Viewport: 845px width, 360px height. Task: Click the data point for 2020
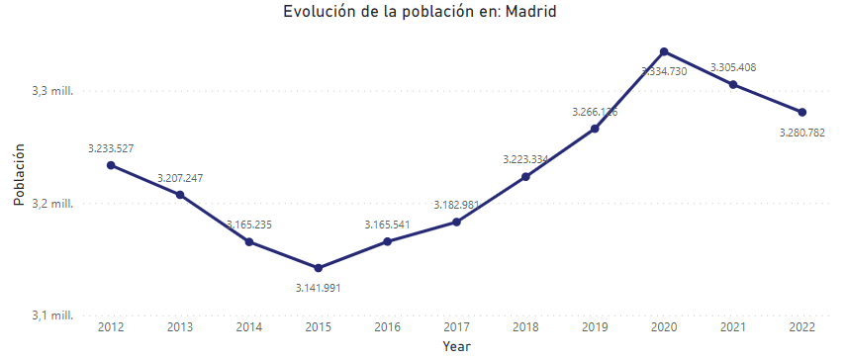point(664,51)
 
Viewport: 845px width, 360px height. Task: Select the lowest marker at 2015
point(318,268)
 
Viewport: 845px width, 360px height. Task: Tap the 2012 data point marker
point(111,165)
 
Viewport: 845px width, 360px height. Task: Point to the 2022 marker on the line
point(802,112)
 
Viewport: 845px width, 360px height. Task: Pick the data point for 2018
point(525,177)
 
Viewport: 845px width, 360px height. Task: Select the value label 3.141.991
point(318,288)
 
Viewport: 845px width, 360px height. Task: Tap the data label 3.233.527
point(111,148)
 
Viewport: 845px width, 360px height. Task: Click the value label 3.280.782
point(802,132)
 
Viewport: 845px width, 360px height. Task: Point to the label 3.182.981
point(456,205)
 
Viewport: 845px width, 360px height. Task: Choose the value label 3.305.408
point(733,67)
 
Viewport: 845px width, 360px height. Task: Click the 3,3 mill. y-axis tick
point(53,90)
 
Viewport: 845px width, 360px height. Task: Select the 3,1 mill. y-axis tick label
point(53,315)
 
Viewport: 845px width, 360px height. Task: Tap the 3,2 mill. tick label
point(53,204)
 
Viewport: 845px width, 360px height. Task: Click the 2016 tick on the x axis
point(387,327)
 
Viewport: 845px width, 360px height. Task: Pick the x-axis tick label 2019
point(595,327)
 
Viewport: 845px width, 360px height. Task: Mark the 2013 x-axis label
point(180,327)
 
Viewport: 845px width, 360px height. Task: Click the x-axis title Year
point(456,347)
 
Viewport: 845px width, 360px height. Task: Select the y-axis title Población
point(19,174)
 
